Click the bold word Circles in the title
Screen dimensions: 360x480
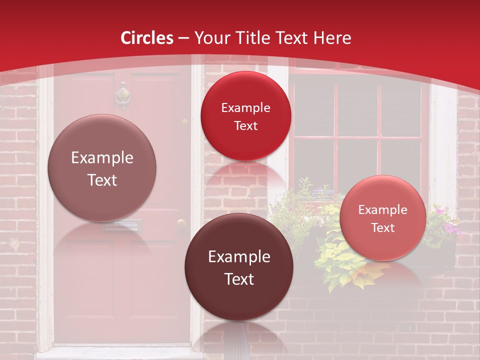coord(147,38)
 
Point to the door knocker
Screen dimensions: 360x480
coord(122,95)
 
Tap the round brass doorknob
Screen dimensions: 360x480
coord(181,223)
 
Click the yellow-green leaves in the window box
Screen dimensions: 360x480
coord(340,260)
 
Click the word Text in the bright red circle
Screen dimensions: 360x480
coord(245,126)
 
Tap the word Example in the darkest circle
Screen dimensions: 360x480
coord(239,257)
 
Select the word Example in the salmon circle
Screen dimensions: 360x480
coord(383,210)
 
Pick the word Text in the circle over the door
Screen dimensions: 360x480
coord(102,180)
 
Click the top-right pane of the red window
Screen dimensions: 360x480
coord(400,107)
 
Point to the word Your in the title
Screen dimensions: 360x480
coord(210,38)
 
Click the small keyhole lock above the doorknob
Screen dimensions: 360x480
coord(184,121)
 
